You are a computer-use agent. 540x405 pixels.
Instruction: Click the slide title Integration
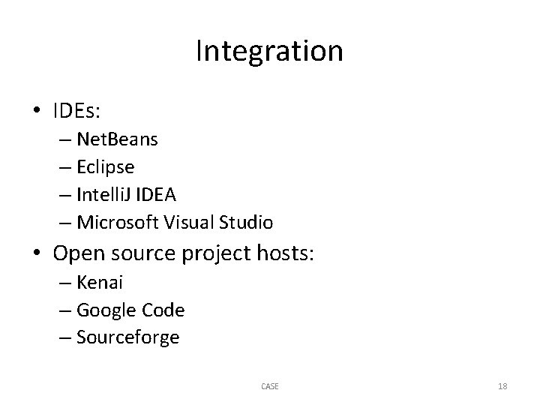[269, 52]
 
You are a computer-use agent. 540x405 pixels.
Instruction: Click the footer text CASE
[269, 386]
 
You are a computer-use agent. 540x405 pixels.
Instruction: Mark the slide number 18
[502, 386]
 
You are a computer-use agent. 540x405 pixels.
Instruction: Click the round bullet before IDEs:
[37, 111]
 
